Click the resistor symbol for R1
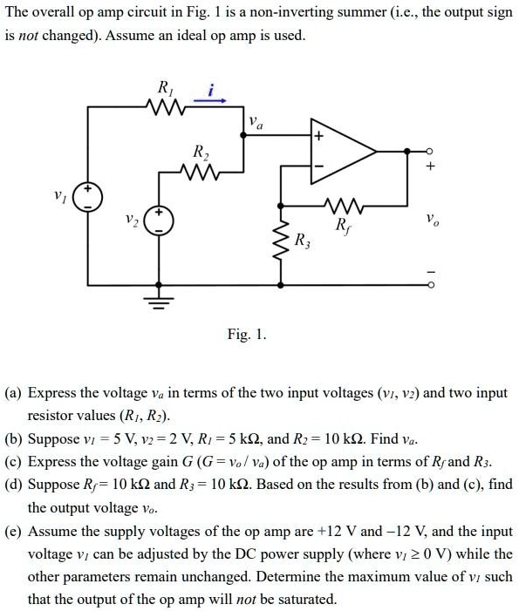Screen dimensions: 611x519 (x=164, y=108)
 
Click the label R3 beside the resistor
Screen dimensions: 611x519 (x=302, y=241)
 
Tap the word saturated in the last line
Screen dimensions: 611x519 (x=308, y=599)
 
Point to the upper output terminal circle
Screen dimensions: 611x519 (x=427, y=151)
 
